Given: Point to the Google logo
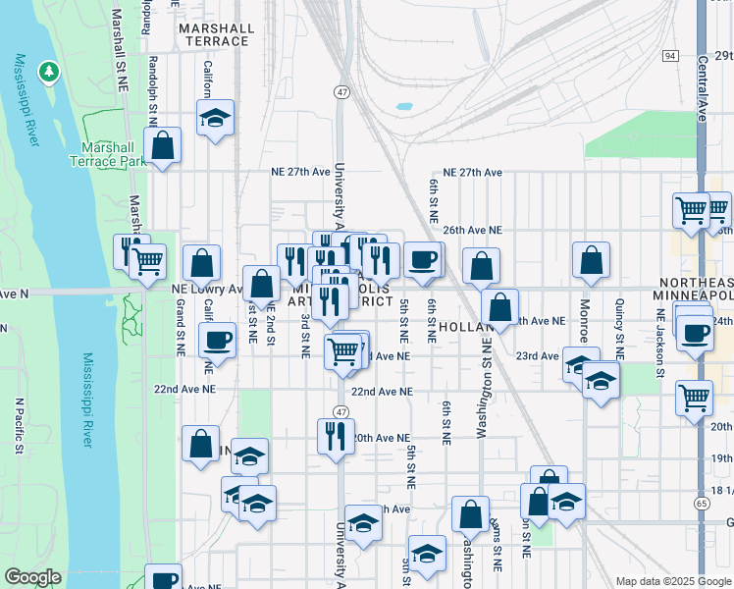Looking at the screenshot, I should point(33,577).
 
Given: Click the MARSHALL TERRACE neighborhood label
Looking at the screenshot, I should point(214,34).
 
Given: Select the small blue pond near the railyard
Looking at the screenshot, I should point(404,106).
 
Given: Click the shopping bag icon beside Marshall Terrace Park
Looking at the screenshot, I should point(163,146).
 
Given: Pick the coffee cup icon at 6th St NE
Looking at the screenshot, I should point(423,259).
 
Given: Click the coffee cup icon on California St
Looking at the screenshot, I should point(216,341).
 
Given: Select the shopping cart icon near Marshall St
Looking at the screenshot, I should point(147,260).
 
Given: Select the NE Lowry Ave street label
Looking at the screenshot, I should point(206,290).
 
